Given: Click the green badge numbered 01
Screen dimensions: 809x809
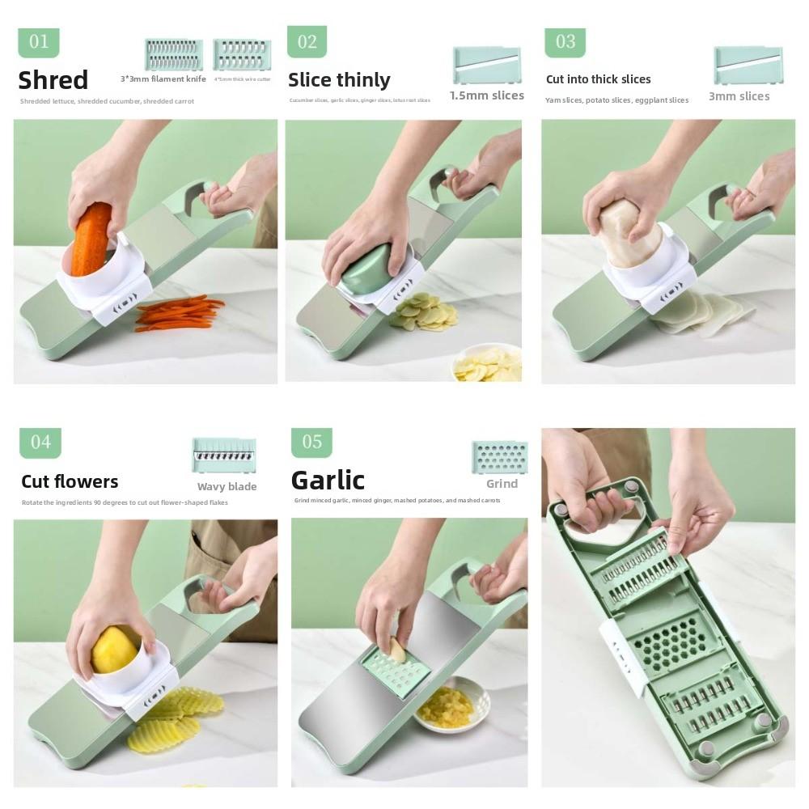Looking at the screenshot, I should (39, 42).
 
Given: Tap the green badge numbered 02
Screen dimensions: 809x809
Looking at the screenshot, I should (307, 41).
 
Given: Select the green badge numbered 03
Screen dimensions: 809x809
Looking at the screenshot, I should (565, 42).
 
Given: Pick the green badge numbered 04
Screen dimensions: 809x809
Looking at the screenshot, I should (40, 443).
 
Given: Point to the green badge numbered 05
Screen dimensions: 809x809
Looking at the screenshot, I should (311, 442).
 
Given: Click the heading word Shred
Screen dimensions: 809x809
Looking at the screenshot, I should (53, 80).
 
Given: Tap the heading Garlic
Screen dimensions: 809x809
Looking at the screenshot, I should (328, 481).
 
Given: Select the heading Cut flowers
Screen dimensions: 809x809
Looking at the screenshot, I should (70, 481).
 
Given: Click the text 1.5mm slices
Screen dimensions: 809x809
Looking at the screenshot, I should (486, 95).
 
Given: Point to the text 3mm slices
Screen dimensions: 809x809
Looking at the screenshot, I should (739, 96).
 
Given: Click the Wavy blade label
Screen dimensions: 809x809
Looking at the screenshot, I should (227, 487).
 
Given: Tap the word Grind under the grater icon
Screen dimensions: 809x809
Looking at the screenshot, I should (502, 484).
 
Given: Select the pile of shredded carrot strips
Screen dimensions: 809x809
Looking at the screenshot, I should (179, 314).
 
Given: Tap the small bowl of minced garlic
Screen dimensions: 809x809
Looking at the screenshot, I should (450, 705).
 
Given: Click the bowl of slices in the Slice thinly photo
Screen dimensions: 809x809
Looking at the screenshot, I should (488, 365).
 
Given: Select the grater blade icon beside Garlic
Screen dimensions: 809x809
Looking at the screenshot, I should (499, 457).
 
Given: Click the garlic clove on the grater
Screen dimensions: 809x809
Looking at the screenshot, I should (397, 648).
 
